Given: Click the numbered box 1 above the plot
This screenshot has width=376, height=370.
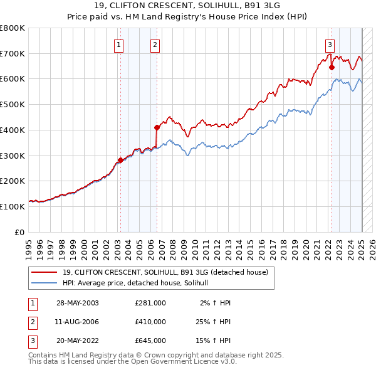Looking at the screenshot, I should (119, 44).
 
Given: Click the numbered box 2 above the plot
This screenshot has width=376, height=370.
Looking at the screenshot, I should (155, 44).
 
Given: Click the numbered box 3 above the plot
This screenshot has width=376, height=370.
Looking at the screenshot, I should (330, 44).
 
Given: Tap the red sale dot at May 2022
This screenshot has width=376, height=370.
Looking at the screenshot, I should (332, 67).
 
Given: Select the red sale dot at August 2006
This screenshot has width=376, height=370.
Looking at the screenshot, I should (157, 127).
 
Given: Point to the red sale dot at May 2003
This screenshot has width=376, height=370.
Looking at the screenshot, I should (120, 160).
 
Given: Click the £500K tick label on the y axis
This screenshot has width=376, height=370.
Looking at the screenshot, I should (13, 104).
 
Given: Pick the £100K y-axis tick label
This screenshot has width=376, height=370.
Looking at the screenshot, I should (13, 206).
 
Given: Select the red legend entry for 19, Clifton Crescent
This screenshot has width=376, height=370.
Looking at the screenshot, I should (165, 272).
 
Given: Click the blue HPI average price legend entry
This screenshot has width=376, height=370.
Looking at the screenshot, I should (138, 283).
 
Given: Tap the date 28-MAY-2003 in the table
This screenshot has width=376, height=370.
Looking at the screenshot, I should (78, 303).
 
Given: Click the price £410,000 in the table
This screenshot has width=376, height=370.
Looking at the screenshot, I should (150, 322).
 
